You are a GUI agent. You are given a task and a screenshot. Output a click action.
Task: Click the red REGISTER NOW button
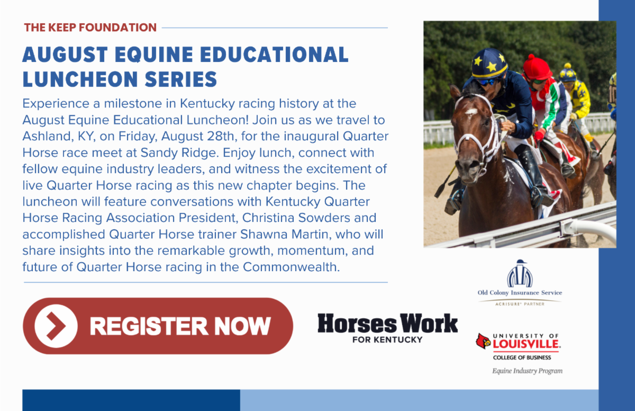pos(158,326)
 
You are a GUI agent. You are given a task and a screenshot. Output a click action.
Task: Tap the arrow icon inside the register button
pos(56,326)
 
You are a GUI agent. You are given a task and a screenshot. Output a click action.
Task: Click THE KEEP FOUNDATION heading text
pos(90,28)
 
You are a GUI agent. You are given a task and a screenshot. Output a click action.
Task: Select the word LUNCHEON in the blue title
pos(81,79)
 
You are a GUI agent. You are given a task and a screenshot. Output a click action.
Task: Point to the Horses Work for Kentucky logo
pos(387,328)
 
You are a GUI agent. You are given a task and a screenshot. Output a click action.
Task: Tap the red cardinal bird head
pos(483,341)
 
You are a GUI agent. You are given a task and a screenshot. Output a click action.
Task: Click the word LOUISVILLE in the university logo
pos(527,344)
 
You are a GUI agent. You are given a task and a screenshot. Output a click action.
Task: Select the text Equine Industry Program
pos(527,371)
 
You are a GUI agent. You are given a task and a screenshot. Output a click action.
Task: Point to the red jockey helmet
pos(537,67)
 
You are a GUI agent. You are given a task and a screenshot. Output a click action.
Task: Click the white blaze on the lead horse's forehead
pos(471,111)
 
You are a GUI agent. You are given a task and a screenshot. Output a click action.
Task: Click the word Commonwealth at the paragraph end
pos(291,267)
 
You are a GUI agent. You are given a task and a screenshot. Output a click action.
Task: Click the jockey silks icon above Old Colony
pos(520,273)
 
